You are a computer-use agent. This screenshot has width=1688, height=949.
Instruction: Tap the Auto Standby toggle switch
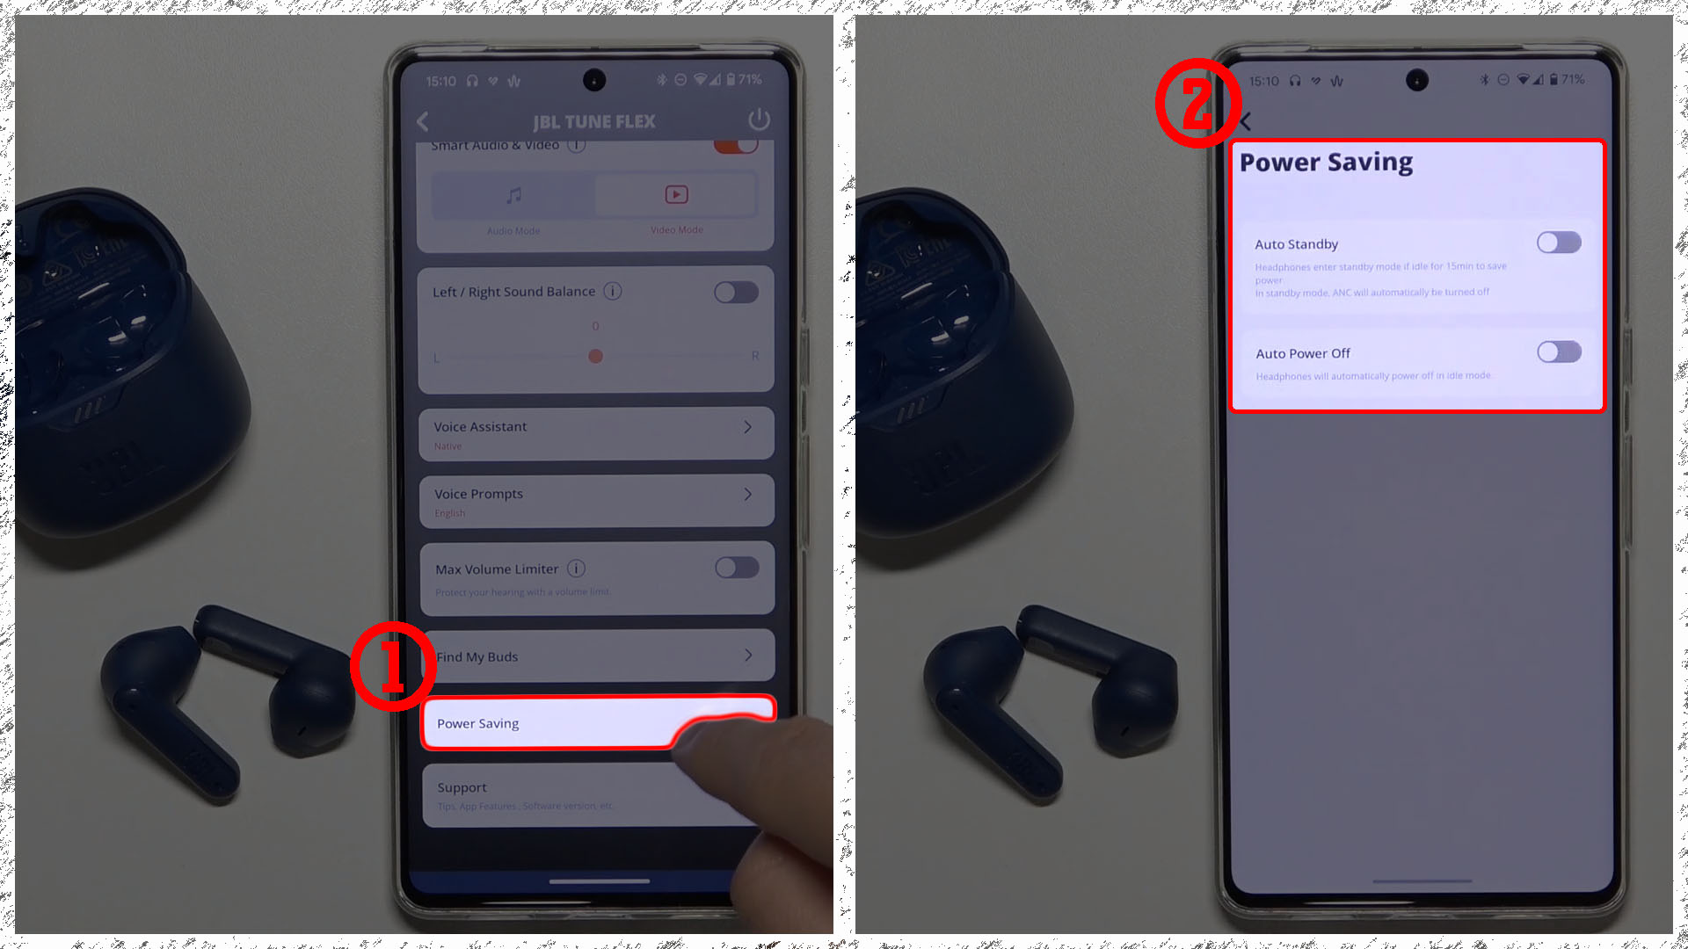(x=1559, y=243)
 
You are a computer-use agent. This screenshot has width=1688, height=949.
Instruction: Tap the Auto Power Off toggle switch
(x=1559, y=352)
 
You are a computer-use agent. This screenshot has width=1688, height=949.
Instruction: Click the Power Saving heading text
(x=1326, y=163)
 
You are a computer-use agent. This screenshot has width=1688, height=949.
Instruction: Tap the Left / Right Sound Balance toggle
(x=736, y=292)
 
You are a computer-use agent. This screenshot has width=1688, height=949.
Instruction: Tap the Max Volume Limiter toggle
(x=737, y=568)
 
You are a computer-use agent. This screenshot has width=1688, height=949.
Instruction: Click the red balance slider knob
(x=596, y=356)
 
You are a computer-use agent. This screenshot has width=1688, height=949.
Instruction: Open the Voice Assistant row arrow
(x=747, y=427)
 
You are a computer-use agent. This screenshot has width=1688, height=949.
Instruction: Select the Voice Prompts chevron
(x=747, y=495)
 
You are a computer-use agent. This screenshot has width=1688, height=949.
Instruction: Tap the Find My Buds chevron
(x=748, y=656)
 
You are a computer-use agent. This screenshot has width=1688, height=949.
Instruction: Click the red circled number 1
(x=393, y=666)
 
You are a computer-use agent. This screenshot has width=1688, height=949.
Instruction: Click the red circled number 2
(x=1197, y=103)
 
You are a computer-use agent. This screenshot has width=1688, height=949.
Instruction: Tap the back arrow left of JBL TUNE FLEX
(x=423, y=121)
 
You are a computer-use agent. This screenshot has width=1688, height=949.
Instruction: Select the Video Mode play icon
(x=676, y=195)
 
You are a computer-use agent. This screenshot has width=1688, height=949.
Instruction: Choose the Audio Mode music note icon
(x=514, y=195)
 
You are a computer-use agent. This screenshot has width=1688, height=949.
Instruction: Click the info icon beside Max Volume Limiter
(x=577, y=569)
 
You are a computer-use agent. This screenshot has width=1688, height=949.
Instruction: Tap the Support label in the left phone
(x=462, y=788)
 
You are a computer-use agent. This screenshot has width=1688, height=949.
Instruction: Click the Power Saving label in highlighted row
(x=477, y=724)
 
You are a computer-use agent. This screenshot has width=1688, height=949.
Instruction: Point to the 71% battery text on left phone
(x=750, y=80)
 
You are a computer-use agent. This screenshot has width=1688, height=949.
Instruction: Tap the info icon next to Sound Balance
(x=613, y=291)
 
